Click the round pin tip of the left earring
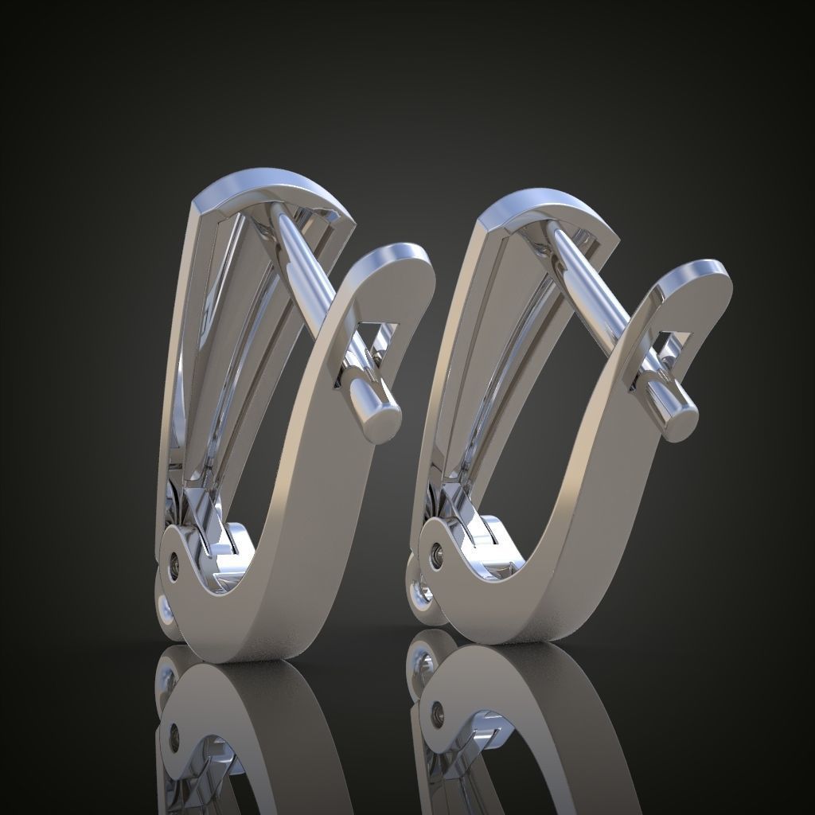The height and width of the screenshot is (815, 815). [x=384, y=419]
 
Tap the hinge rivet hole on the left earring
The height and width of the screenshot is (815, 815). [x=174, y=564]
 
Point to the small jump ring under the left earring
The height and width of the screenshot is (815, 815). [x=165, y=610]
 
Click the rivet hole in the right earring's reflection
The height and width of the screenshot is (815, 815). [x=435, y=710]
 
